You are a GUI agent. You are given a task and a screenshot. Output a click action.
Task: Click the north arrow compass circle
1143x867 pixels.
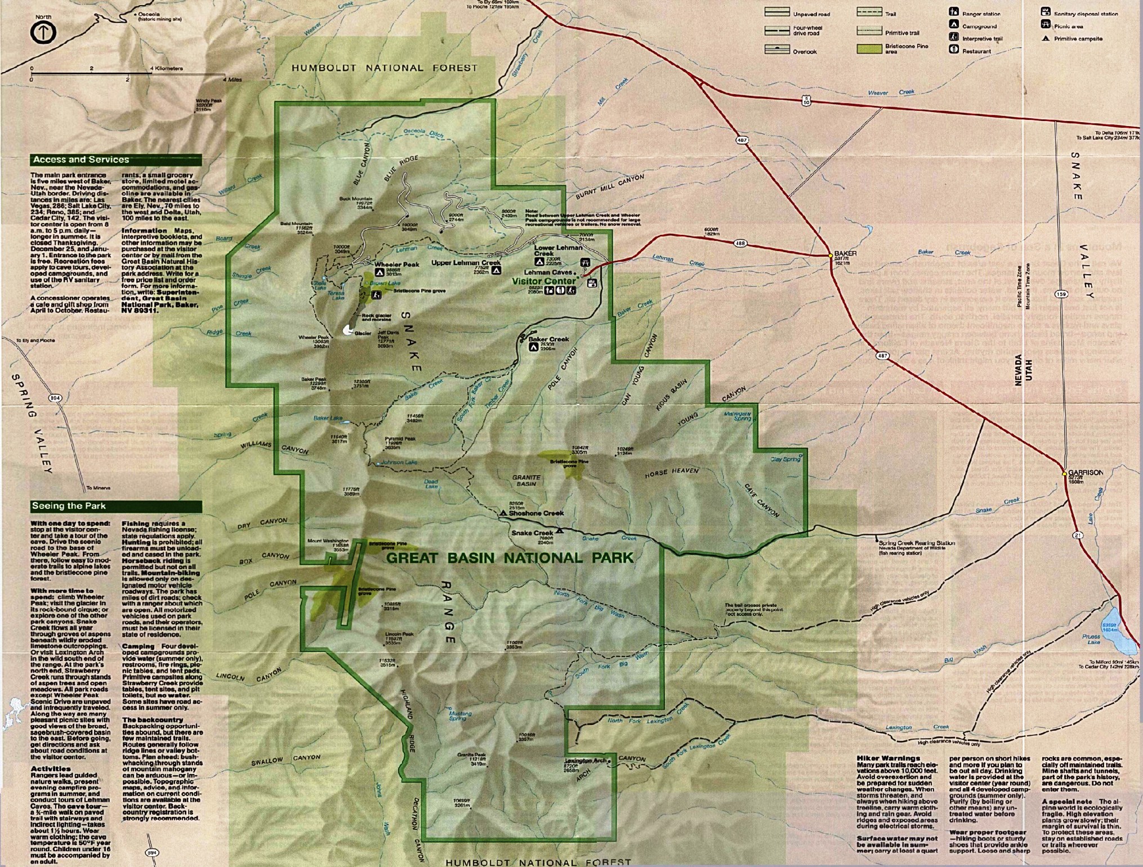coord(43,33)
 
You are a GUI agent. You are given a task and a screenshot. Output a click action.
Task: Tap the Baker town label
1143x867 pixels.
coord(845,253)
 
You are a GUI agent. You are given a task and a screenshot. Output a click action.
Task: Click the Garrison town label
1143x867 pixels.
coord(1085,472)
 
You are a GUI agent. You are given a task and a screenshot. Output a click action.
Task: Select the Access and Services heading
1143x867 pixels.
coord(81,160)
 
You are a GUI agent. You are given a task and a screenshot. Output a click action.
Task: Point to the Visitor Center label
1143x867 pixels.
coord(544,281)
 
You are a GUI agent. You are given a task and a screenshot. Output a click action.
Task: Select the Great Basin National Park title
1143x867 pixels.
coord(510,558)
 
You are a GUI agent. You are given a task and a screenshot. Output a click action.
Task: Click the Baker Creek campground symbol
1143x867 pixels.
coord(533,347)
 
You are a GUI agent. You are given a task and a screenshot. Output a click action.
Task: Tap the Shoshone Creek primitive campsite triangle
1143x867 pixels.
coord(503,513)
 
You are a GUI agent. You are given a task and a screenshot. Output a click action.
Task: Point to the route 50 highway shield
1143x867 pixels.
coord(806,101)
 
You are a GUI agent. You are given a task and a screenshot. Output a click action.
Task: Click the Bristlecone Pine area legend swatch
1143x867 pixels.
coord(869,49)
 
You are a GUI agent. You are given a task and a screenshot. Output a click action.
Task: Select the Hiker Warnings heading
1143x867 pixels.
coord(888,758)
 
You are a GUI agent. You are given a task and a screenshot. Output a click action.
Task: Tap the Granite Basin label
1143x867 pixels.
coord(526,480)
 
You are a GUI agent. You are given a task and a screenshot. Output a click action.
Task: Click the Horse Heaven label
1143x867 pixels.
coord(671,473)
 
